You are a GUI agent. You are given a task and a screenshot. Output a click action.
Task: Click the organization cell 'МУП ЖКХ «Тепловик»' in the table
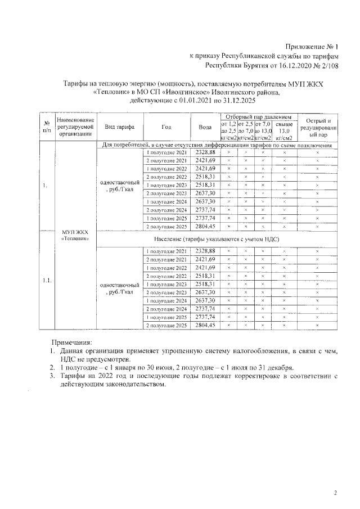tap(75, 235)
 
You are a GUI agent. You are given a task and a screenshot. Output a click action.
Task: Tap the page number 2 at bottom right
tap(335, 493)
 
